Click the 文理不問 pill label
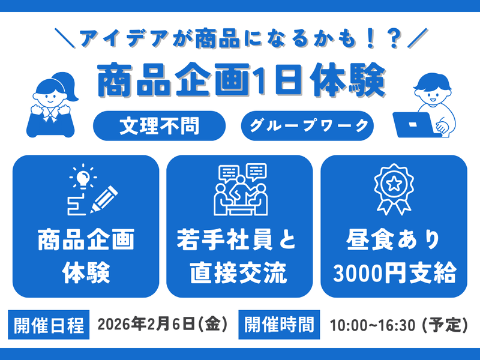[159, 126]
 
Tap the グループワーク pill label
[307, 126]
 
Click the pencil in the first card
[103, 200]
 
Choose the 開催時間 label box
[280, 325]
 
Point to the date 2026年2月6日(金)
[163, 325]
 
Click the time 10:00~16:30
[372, 326]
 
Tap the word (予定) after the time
[445, 326]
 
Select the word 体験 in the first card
[86, 274]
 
